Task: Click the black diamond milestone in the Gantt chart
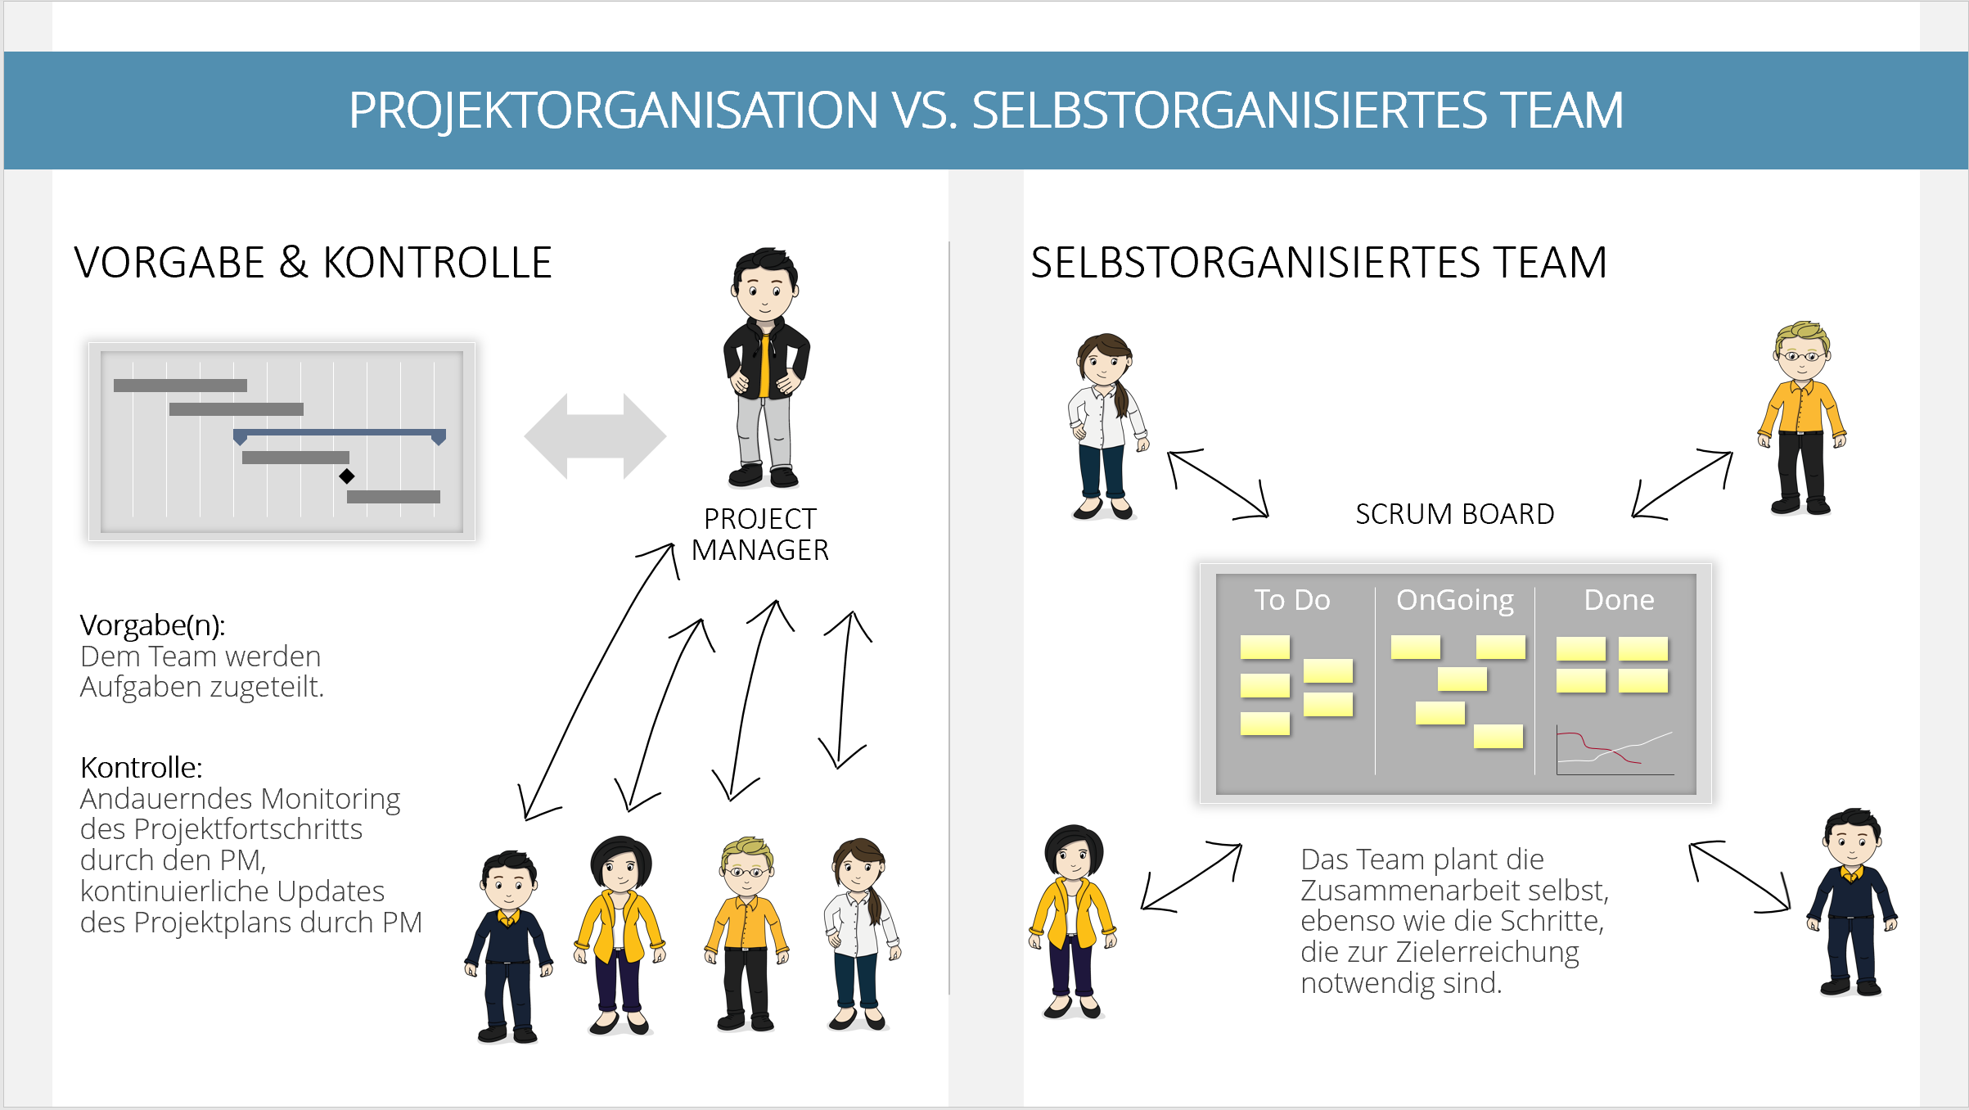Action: [347, 476]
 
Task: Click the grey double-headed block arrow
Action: [595, 436]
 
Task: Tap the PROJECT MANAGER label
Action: [760, 535]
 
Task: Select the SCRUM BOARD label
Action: [1454, 514]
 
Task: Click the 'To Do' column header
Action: [1292, 600]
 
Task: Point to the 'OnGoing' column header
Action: [1455, 601]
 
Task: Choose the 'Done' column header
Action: [1619, 600]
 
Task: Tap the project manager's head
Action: [764, 285]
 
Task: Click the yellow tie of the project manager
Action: [764, 365]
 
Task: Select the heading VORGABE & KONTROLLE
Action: [313, 263]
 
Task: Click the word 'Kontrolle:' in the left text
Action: [141, 768]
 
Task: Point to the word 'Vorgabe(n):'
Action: [152, 625]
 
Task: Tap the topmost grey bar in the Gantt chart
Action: [180, 386]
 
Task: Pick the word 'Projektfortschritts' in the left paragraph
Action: [247, 830]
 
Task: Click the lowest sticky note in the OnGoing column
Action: [1498, 737]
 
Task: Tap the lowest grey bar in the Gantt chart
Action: [394, 497]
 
